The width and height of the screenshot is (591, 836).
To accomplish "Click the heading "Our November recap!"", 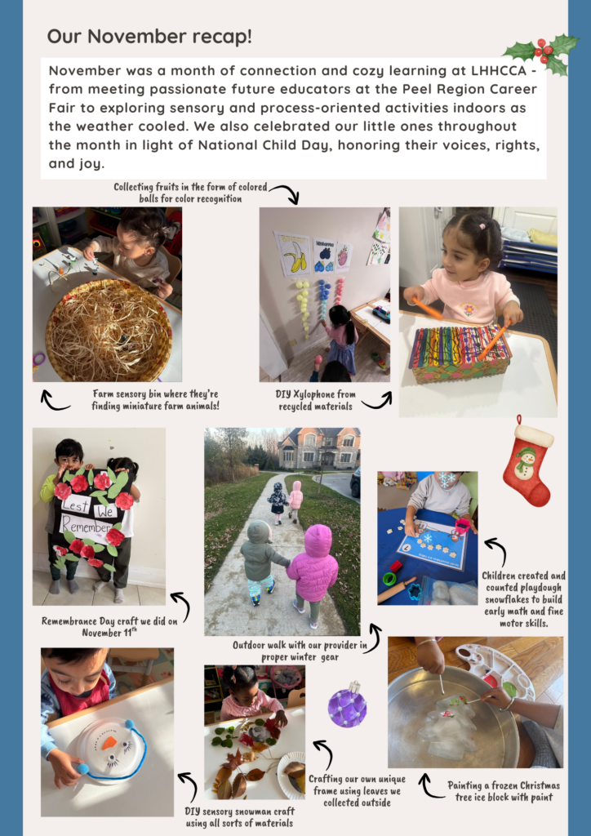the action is click(x=149, y=37).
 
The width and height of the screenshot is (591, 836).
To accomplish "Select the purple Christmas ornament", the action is click(x=347, y=705).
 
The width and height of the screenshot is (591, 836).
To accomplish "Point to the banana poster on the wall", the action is click(x=292, y=254).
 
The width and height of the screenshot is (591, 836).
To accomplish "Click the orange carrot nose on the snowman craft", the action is click(x=109, y=742).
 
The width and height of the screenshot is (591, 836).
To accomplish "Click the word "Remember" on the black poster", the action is click(x=86, y=526).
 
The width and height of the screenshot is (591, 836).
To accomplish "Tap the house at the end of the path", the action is click(x=318, y=448).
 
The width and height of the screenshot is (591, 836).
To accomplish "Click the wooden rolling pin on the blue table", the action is click(x=397, y=590).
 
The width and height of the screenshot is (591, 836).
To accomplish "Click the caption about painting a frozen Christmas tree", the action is click(x=504, y=791).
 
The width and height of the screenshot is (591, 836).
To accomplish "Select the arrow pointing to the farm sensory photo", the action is click(x=55, y=401).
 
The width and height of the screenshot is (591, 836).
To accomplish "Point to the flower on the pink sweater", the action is click(x=469, y=309).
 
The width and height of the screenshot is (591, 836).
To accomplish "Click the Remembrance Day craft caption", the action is click(x=109, y=626).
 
